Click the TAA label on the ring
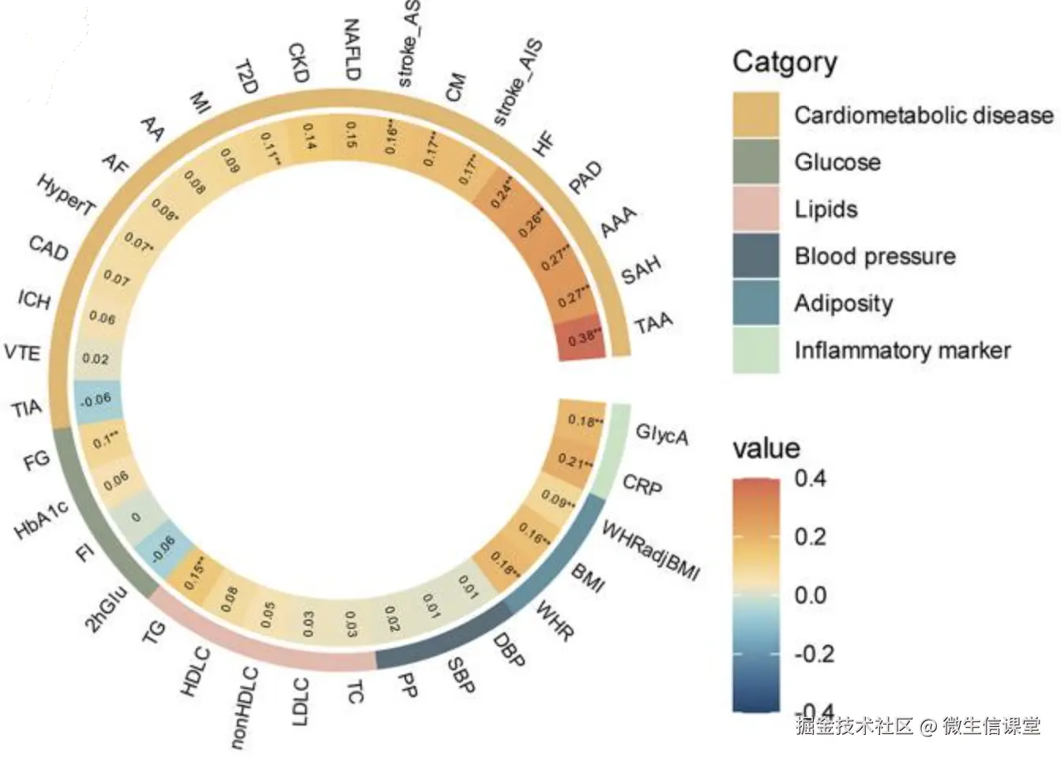point(653,322)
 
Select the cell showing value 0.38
point(584,338)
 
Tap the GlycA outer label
point(662,434)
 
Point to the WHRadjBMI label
point(650,551)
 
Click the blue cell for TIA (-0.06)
point(96,400)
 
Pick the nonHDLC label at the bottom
point(244,707)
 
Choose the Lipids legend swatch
point(755,209)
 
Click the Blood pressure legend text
point(875,256)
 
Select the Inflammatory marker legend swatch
point(755,350)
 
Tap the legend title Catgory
point(784,62)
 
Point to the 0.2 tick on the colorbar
point(811,537)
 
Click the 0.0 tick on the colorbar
point(811,595)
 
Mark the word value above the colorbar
point(766,448)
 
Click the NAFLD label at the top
point(352,49)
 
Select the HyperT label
point(66,194)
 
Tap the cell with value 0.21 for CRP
point(576,461)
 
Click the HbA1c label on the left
point(42,520)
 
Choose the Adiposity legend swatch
point(755,303)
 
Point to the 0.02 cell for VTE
point(96,359)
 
